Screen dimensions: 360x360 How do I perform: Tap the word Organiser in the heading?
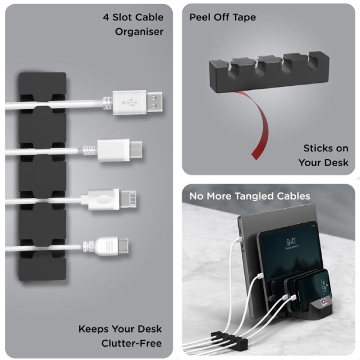pyautogui.click(x=139, y=31)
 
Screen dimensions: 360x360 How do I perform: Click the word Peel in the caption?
pyautogui.click(x=201, y=17)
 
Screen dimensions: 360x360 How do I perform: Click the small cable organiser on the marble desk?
pyautogui.click(x=229, y=343)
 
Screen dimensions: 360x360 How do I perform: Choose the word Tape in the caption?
pyautogui.click(x=244, y=17)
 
